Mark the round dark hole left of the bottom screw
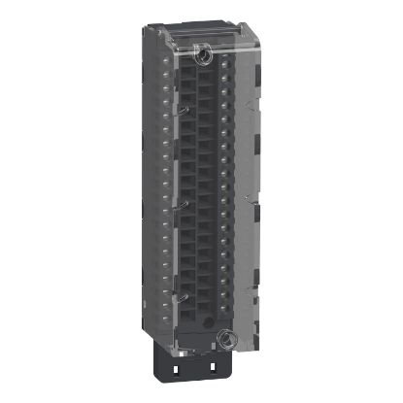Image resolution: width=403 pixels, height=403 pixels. pyautogui.click(x=201, y=343)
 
